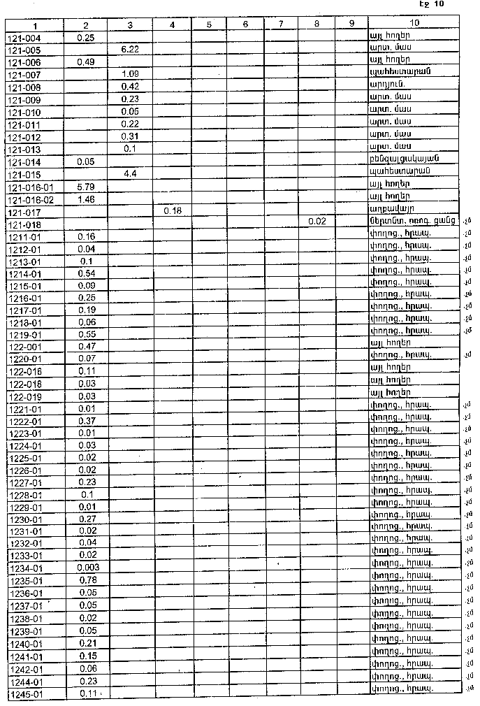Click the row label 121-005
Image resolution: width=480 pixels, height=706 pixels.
(24, 50)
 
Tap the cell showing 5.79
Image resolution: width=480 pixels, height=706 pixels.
(86, 187)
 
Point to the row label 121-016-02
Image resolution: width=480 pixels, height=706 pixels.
(31, 199)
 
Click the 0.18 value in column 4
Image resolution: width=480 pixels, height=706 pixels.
(172, 210)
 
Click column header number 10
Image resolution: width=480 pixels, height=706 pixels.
(414, 24)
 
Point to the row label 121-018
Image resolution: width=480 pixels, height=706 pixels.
(24, 224)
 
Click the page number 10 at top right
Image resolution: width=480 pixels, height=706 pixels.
(439, 4)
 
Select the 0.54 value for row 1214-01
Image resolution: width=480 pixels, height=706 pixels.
(87, 273)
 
